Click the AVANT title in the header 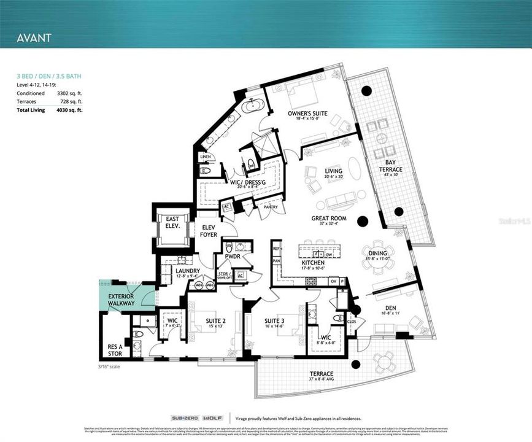[x=34, y=37]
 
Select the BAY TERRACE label [x=390, y=166]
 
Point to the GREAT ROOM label [x=330, y=218]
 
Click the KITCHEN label [x=313, y=263]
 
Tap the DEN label [x=391, y=308]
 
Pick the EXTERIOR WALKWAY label [x=122, y=300]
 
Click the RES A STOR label [x=115, y=350]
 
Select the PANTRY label [x=271, y=207]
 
